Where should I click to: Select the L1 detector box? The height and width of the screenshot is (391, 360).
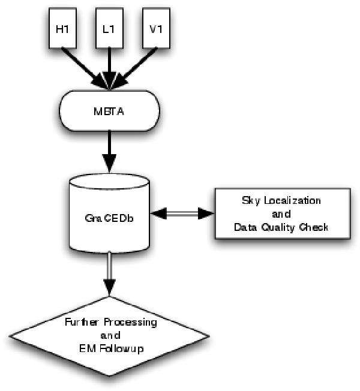click(110, 29)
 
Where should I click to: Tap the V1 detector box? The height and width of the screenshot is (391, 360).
click(155, 29)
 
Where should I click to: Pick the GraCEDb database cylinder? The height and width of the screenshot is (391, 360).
click(109, 216)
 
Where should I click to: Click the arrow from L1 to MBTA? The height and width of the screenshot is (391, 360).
click(109, 66)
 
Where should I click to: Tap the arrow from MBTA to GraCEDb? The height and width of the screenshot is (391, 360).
click(109, 150)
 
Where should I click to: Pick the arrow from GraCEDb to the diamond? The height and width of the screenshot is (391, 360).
click(109, 276)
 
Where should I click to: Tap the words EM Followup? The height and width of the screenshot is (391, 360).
click(110, 348)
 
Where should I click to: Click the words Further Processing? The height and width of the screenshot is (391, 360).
click(110, 322)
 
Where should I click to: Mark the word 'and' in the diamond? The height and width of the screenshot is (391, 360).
click(111, 335)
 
